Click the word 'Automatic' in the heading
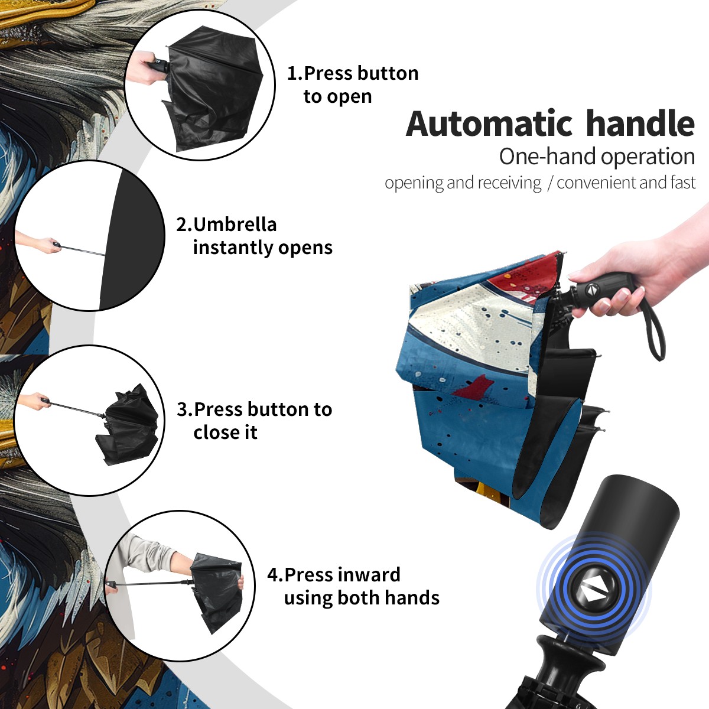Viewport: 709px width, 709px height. pyautogui.click(x=489, y=124)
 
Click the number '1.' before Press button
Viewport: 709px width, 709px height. pyautogui.click(x=295, y=73)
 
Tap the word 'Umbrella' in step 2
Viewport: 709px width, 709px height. pyautogui.click(x=235, y=225)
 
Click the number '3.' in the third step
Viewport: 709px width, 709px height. pyautogui.click(x=185, y=409)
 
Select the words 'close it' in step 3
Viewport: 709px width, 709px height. pyautogui.click(x=225, y=432)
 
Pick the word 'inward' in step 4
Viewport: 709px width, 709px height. pyautogui.click(x=369, y=575)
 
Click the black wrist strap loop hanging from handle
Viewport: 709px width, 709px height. pyautogui.click(x=655, y=330)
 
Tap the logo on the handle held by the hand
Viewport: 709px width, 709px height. pyautogui.click(x=590, y=290)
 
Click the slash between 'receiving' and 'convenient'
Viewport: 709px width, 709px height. pyautogui.click(x=549, y=183)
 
